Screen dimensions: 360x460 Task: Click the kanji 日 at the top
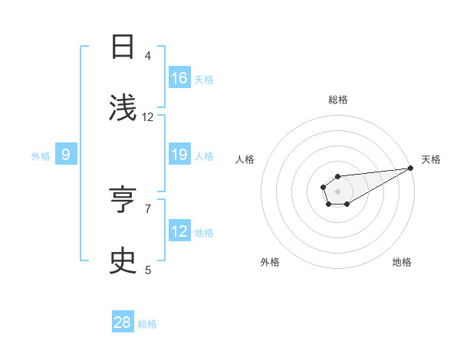pos(123,47)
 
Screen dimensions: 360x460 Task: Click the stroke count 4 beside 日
pos(147,56)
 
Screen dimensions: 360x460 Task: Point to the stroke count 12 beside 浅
pos(148,117)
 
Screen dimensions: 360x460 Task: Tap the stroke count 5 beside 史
pos(147,270)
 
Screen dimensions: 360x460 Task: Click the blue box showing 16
pos(179,78)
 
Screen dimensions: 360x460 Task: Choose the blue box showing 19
pos(179,155)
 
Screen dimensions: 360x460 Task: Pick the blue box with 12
pos(179,231)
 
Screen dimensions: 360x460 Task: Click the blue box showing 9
pos(66,155)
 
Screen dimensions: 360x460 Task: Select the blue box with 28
pos(123,322)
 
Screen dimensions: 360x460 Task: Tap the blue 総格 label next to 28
pos(147,324)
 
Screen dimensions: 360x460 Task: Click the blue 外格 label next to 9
pos(41,156)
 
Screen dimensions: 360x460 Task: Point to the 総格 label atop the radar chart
pos(337,100)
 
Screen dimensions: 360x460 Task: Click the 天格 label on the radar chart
pos(431,159)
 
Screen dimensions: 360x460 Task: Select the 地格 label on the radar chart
pos(402,262)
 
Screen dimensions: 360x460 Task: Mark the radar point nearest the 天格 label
pos(410,168)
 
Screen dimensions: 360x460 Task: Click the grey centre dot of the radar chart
pos(337,191)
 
